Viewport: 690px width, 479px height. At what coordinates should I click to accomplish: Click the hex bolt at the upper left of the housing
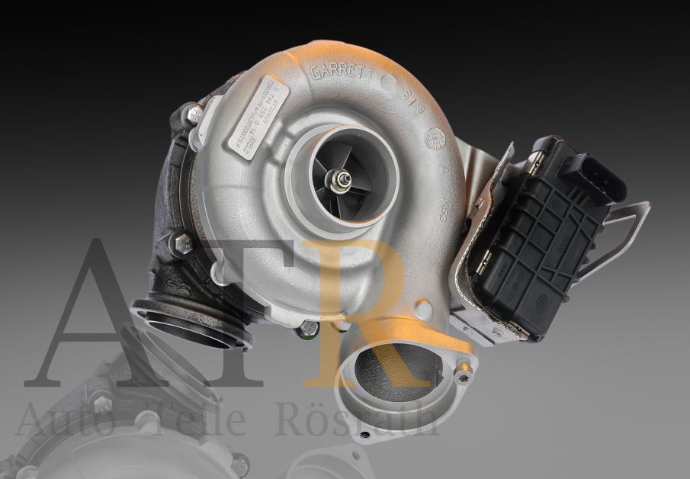click(x=195, y=115)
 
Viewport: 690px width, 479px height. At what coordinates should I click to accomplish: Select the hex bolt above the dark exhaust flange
click(x=183, y=244)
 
